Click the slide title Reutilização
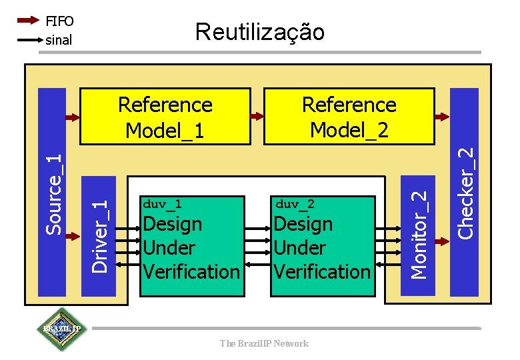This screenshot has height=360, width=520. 259,31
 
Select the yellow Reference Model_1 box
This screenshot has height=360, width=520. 165,117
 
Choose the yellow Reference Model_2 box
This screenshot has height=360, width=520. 349,117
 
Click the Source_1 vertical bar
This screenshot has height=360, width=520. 53,193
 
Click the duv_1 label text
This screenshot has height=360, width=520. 162,203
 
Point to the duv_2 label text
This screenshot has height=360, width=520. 295,203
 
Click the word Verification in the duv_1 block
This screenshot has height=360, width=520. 191,271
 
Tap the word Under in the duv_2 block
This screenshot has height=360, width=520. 300,247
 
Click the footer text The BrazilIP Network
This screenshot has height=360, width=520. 264,343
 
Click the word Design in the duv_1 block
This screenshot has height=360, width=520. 172,223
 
